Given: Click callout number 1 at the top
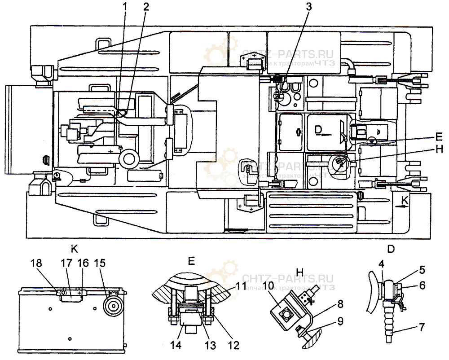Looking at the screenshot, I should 126,7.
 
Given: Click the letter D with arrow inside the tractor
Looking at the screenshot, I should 318,130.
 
